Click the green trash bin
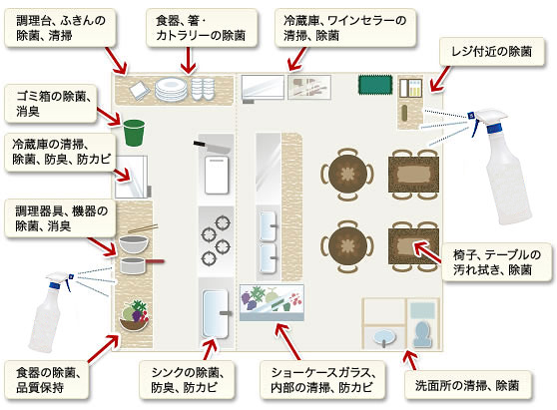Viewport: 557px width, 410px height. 135,133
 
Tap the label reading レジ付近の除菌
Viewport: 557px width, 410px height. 492,52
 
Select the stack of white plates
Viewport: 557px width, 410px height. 171,89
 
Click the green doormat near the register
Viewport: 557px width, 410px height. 375,85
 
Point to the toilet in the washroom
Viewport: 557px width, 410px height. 422,333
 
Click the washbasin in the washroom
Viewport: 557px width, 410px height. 384,336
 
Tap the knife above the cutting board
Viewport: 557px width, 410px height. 213,147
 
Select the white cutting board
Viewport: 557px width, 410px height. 217,175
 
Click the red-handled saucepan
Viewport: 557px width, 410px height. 142,264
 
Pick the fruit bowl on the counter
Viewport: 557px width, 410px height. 135,316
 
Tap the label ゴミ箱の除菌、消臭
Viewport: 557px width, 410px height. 51,104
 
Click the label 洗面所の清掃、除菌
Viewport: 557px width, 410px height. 467,385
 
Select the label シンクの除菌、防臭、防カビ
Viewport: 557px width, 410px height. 188,380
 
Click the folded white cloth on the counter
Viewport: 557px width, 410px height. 139,90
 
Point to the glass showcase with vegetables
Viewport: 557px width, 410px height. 272,302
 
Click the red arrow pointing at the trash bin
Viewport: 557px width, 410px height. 109,117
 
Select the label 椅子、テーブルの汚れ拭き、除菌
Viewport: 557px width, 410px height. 497,262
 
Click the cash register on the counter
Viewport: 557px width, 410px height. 410,88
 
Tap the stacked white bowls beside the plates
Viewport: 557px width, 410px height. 203,89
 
